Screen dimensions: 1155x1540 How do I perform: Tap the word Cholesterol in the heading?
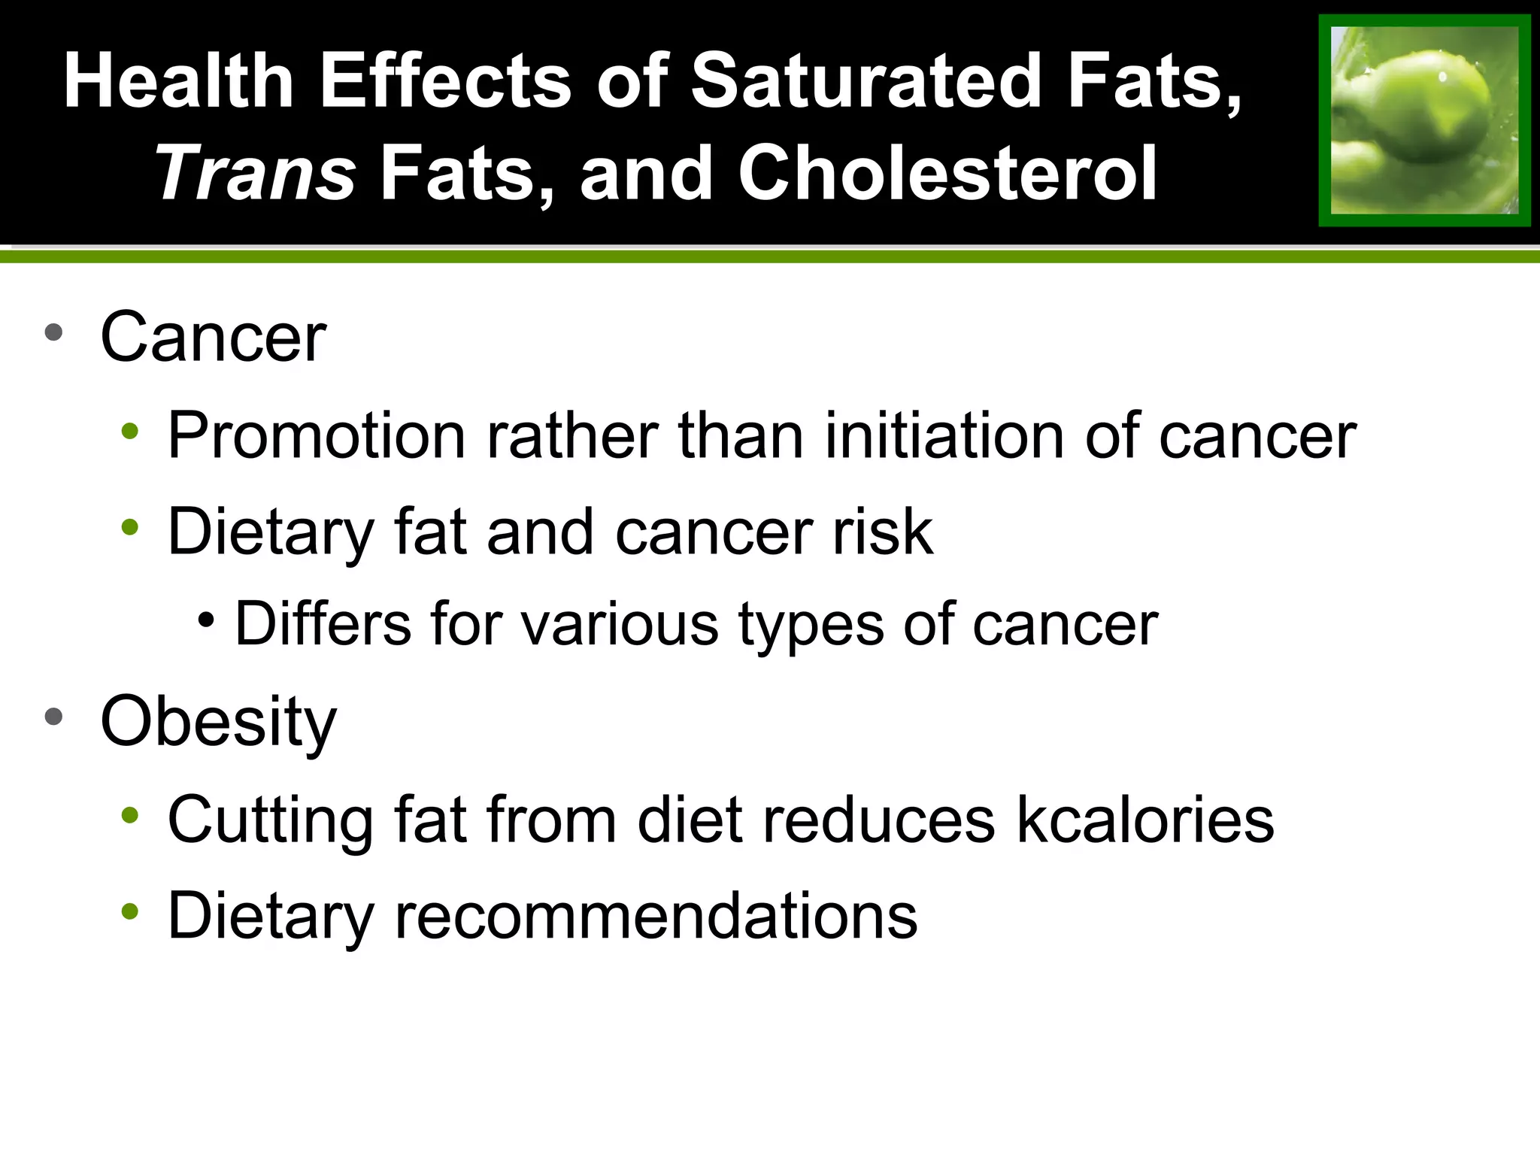point(947,173)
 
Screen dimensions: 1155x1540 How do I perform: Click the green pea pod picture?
point(1424,120)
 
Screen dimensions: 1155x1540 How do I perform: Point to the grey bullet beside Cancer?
point(53,333)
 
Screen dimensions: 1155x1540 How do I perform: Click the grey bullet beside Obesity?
point(53,717)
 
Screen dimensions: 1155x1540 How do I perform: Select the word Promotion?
point(317,436)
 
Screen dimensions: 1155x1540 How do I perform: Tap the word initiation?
point(944,436)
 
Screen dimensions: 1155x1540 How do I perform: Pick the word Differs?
point(323,623)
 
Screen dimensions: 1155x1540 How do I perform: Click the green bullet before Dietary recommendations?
point(130,911)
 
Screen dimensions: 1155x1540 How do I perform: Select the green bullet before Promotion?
point(130,432)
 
